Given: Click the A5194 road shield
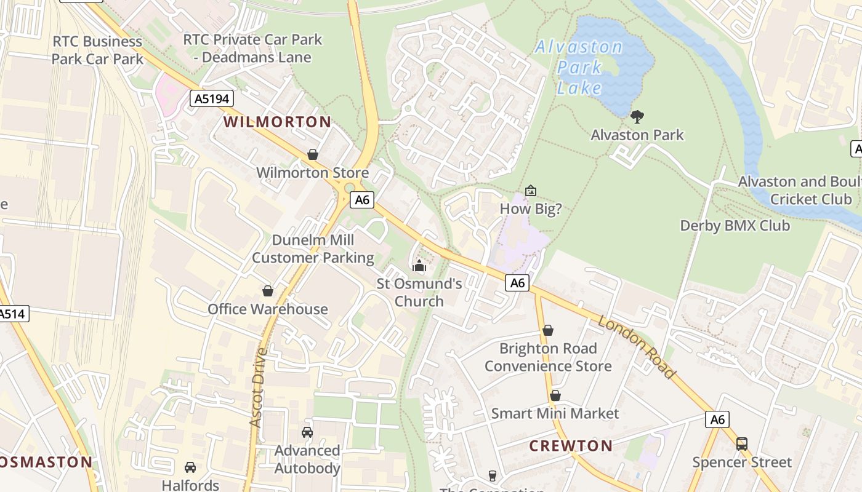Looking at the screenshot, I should (x=211, y=99).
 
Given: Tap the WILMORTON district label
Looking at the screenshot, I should (x=277, y=122).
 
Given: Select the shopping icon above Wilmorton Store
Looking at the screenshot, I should (x=313, y=154).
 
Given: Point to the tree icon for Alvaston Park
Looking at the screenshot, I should (x=637, y=116).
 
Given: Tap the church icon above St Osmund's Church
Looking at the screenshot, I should (x=419, y=266).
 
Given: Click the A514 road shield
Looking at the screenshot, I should (x=12, y=314).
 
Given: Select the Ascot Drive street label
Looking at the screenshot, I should (x=258, y=387).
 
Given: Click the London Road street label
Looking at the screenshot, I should (x=637, y=348).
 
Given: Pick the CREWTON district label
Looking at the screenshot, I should (x=571, y=446).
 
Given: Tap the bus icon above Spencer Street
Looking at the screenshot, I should (x=742, y=444).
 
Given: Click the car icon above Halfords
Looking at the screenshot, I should (x=190, y=467).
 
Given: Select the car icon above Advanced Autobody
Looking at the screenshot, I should (x=307, y=432).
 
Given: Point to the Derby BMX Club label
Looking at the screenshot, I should (x=735, y=226).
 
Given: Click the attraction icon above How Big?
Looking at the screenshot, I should (x=530, y=191).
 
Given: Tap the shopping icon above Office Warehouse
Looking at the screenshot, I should (x=268, y=290).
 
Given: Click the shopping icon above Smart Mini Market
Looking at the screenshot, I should (x=555, y=395).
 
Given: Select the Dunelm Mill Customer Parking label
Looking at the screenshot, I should (x=313, y=249).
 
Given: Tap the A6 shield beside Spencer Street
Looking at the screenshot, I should (x=717, y=419).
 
